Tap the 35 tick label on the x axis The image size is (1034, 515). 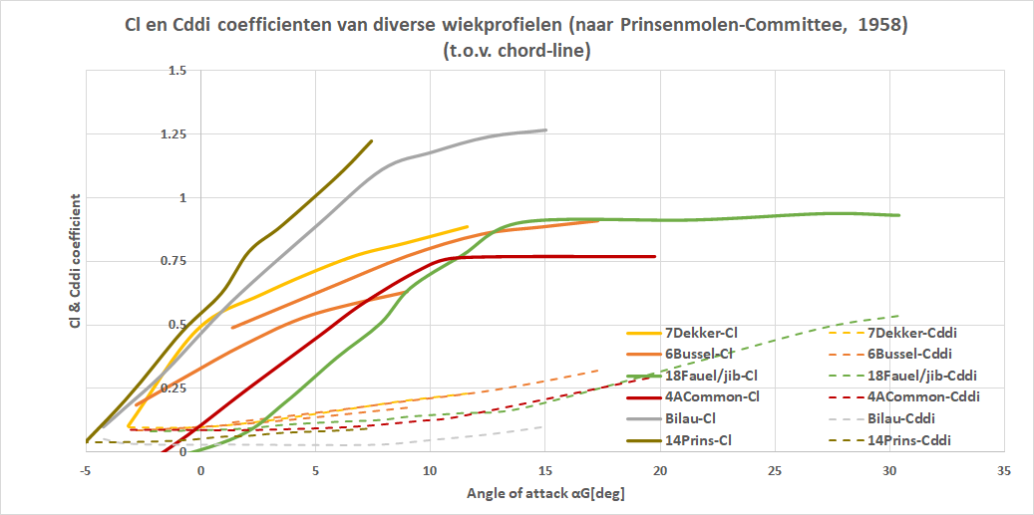click(1003, 469)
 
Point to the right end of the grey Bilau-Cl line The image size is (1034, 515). click(546, 129)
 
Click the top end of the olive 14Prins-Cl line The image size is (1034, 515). click(371, 141)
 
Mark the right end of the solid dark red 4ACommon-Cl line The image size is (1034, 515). click(655, 256)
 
